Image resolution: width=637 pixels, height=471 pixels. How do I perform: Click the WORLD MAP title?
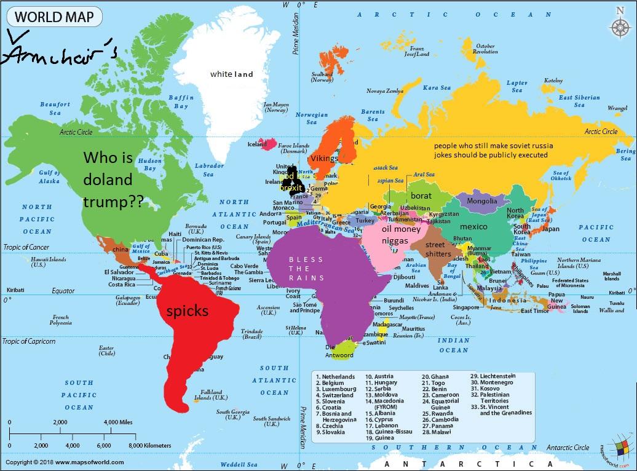coord(50,16)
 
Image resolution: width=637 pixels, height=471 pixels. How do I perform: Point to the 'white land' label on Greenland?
coord(231,74)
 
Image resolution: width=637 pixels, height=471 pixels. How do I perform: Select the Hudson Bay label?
coord(149,163)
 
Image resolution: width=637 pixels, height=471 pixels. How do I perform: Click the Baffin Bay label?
coord(181,101)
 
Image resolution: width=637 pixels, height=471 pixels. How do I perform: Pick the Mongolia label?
coord(482,201)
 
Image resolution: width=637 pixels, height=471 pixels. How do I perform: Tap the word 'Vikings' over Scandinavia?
coord(324,159)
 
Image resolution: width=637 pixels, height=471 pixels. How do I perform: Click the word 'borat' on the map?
coord(421,196)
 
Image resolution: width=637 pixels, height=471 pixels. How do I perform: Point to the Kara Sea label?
coord(437,88)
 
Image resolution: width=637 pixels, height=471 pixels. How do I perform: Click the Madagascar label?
coord(388,324)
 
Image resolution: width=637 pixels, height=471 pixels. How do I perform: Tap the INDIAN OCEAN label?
coord(454,345)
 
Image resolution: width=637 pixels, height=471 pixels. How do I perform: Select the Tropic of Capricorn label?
coord(29,341)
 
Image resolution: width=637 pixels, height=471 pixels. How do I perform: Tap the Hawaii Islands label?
coord(49,261)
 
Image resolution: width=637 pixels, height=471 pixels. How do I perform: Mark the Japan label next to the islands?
coord(551,229)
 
